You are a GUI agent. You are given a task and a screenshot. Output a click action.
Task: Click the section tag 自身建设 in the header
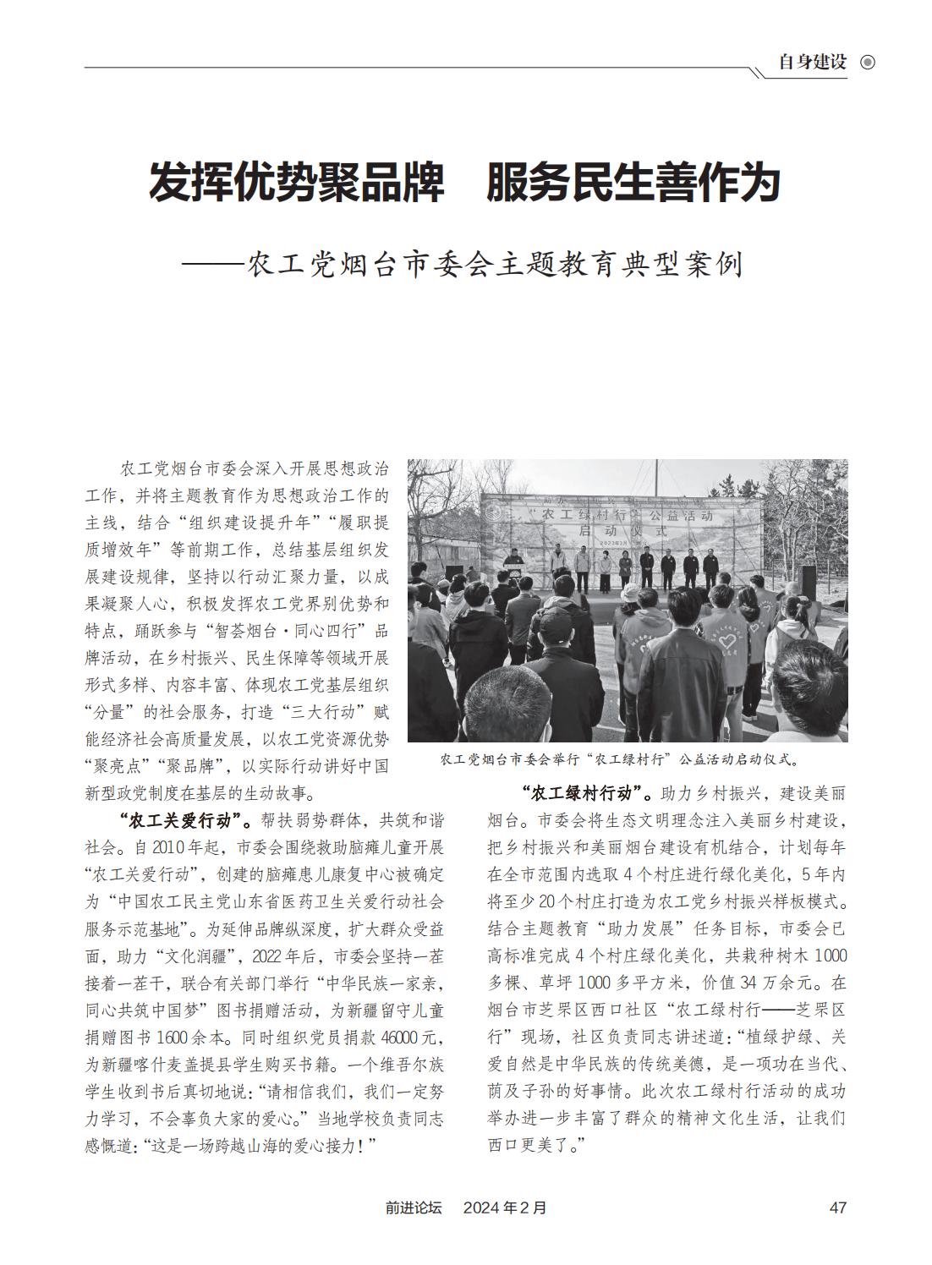coord(812,63)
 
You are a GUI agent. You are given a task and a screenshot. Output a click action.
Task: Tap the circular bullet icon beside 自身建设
coord(867,63)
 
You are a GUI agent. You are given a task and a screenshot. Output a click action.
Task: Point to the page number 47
coord(837,1208)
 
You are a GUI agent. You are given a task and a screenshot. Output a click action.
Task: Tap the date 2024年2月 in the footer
coord(505,1208)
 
